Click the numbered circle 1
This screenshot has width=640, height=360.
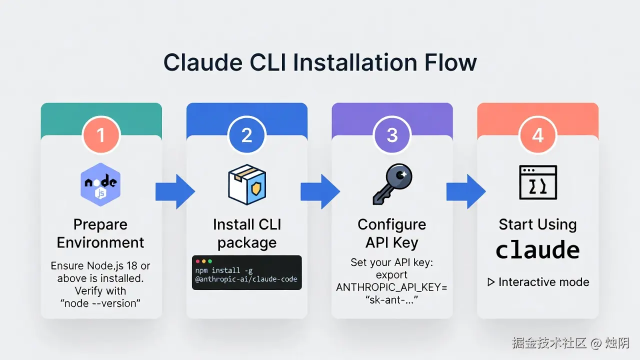pyautogui.click(x=101, y=135)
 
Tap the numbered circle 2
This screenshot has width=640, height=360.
pyautogui.click(x=246, y=135)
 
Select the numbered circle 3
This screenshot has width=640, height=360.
pyautogui.click(x=392, y=135)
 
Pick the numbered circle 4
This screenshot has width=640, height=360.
pyautogui.click(x=537, y=135)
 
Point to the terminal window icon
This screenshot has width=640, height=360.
pyautogui.click(x=537, y=182)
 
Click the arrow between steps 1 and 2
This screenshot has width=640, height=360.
pyautogui.click(x=174, y=191)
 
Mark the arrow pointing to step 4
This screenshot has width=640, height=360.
pyautogui.click(x=465, y=191)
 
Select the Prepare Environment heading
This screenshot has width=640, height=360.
pyautogui.click(x=100, y=233)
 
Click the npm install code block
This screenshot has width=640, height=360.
pyautogui.click(x=246, y=272)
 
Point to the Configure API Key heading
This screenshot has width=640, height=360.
pyautogui.click(x=392, y=233)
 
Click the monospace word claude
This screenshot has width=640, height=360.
pyautogui.click(x=537, y=250)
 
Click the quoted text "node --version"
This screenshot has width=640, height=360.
pyautogui.click(x=100, y=303)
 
